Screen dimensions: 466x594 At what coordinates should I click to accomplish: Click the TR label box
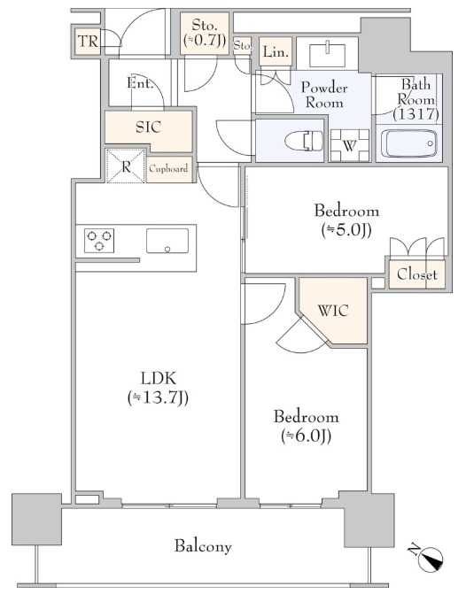point(88,42)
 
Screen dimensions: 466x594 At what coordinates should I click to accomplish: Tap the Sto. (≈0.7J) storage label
point(205,33)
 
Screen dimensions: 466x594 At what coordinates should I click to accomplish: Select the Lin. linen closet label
point(276,51)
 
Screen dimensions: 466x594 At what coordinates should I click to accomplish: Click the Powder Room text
point(324,95)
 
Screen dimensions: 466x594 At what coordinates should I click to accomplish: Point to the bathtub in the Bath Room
point(408,143)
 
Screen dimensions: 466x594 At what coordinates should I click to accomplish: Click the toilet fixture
point(303,141)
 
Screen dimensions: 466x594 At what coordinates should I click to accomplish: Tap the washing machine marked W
point(349,145)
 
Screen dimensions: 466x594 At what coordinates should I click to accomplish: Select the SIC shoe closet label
point(148,127)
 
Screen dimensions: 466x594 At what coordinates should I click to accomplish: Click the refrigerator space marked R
point(126,166)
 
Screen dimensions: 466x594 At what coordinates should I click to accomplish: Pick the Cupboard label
point(168,169)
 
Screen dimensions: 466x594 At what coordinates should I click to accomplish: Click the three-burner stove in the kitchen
point(99,241)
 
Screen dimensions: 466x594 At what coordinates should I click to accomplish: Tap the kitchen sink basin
point(167,241)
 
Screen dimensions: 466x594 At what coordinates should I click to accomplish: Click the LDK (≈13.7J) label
point(158,388)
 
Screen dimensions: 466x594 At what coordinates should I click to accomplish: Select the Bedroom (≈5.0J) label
point(346,220)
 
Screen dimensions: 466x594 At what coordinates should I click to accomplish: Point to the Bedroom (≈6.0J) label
point(306,426)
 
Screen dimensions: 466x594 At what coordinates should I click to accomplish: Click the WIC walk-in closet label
point(333,311)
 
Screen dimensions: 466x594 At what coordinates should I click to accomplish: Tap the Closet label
point(417,274)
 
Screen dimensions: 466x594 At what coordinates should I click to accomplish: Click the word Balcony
point(203,546)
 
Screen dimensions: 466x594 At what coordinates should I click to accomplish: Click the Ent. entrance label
point(140,82)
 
